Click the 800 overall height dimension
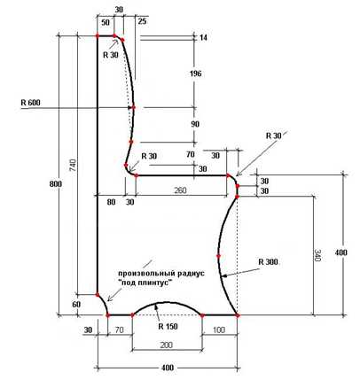(x=56, y=183)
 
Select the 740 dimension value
(x=74, y=166)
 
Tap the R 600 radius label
(x=30, y=103)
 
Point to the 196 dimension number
(x=195, y=74)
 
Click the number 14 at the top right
(x=203, y=38)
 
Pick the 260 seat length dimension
(x=180, y=190)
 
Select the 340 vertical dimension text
(x=317, y=255)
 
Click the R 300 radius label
(x=268, y=262)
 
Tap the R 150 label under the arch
(x=168, y=326)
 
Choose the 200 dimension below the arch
(x=166, y=345)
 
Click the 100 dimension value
(x=219, y=330)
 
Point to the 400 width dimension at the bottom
(x=168, y=368)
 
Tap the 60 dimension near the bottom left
(x=76, y=305)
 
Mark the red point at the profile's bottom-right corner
(x=238, y=315)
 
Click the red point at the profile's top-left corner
(x=98, y=36)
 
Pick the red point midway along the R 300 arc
(x=219, y=256)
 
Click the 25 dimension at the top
(x=142, y=21)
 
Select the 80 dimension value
(x=112, y=202)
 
